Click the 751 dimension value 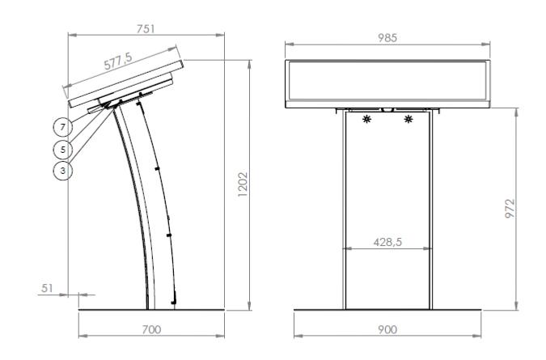tap(146, 29)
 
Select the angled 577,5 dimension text tap(118, 61)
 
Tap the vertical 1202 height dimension tap(243, 184)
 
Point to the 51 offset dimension tap(47, 288)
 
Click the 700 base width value tap(151, 329)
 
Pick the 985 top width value tap(387, 38)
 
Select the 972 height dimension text tap(510, 208)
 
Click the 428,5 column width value tap(387, 242)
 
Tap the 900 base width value tap(387, 329)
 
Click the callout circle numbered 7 tap(62, 128)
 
